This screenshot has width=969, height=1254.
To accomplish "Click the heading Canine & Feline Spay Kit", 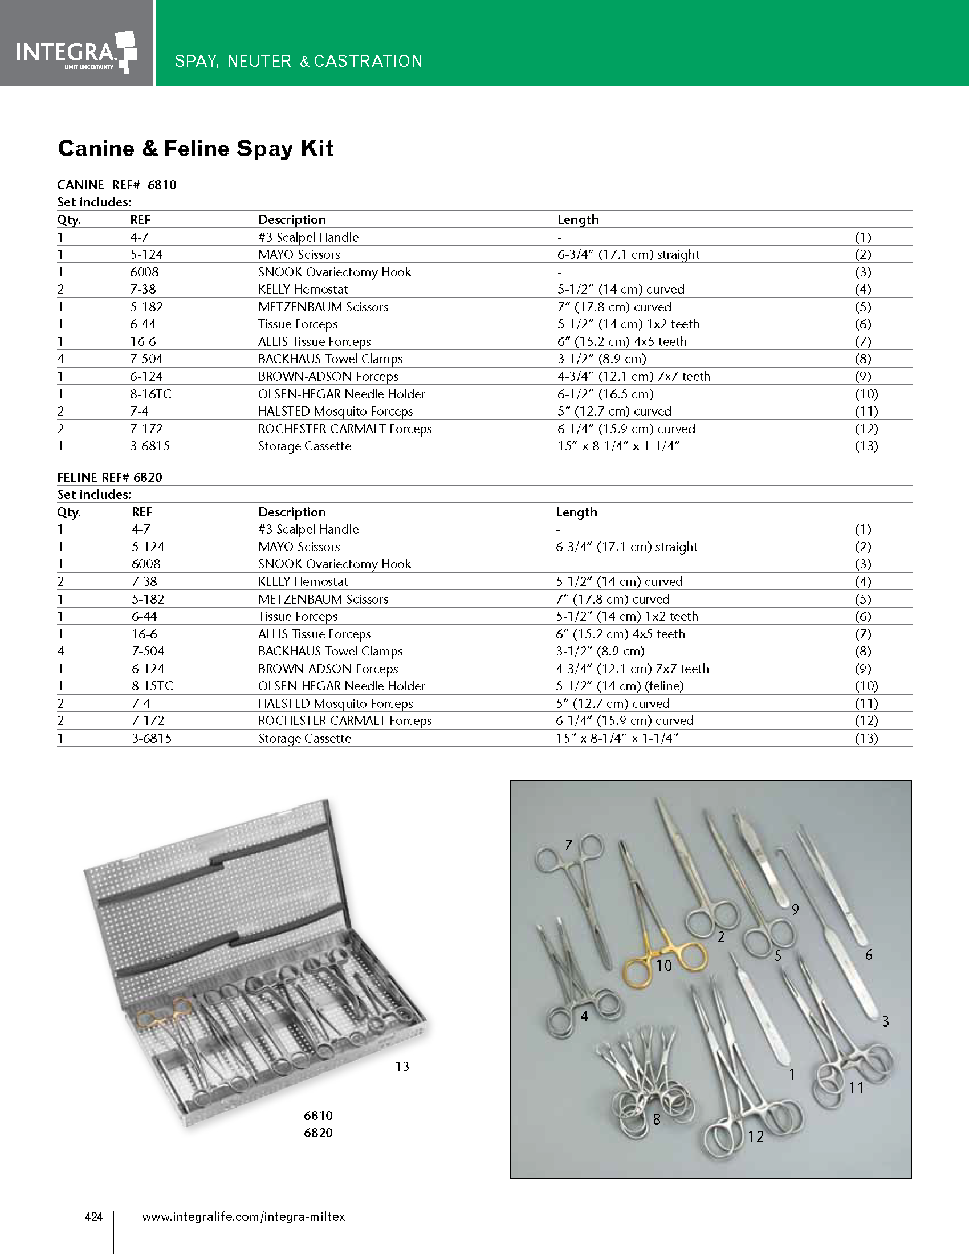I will pos(196,149).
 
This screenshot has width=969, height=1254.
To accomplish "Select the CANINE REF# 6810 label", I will pos(116,185).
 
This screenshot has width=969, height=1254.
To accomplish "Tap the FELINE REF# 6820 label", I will pos(109,477).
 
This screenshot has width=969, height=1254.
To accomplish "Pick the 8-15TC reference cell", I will pos(152,686).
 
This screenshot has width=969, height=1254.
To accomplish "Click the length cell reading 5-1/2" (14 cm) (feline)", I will pos(620,686).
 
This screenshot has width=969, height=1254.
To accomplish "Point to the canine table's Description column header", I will pos(292,219).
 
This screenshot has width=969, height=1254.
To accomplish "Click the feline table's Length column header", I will pos(576,512).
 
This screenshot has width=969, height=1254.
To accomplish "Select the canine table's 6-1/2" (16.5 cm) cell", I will pos(605,394).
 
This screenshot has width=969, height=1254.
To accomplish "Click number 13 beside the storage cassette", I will pos(402,1066).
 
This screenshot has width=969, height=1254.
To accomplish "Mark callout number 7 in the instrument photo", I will pos(568,845).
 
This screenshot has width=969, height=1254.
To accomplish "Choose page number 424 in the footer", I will pos(93,1216).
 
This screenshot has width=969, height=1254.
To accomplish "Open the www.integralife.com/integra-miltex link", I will pos(243,1216).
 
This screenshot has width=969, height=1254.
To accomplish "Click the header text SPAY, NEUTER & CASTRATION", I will pos(299,61).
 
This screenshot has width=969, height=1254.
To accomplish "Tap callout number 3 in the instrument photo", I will pos(885,1021).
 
